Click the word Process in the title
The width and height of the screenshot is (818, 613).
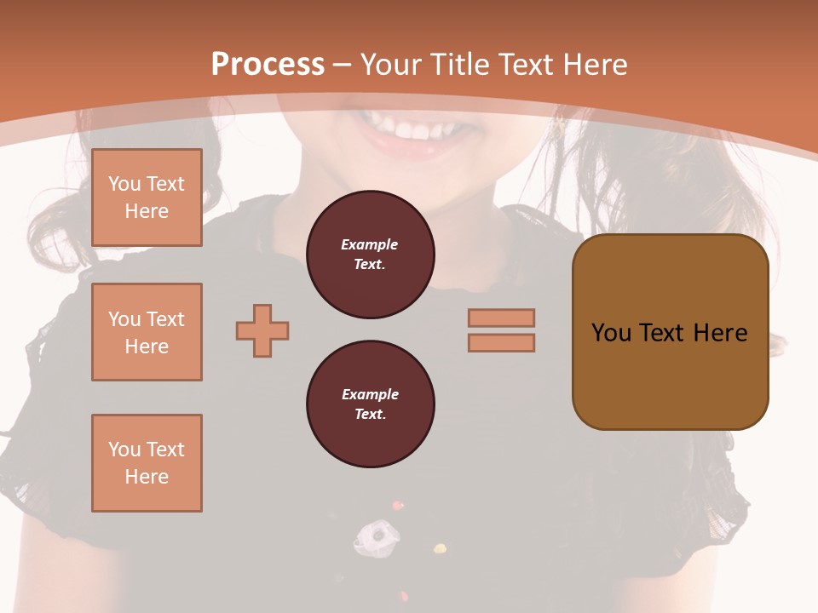tap(268, 65)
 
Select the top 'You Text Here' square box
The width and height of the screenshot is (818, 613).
tap(147, 198)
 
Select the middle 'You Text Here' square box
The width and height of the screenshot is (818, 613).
tap(147, 332)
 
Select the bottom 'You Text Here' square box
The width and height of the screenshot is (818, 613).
tap(147, 463)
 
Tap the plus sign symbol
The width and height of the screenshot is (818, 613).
tap(262, 330)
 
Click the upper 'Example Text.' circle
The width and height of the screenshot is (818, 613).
tap(370, 255)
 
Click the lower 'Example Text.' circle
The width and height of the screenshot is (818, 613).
tap(370, 404)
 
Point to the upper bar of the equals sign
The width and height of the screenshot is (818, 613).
tap(501, 318)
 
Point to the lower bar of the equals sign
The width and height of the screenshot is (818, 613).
tap(501, 343)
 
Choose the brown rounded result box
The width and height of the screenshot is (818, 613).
tap(670, 332)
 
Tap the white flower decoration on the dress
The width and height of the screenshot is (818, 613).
tap(376, 536)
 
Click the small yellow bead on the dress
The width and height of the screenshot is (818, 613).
tap(440, 549)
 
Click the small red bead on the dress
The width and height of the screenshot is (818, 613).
tap(396, 506)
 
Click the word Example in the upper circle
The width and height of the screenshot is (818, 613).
tap(370, 245)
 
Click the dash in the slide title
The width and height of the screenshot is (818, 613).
tap(343, 65)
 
